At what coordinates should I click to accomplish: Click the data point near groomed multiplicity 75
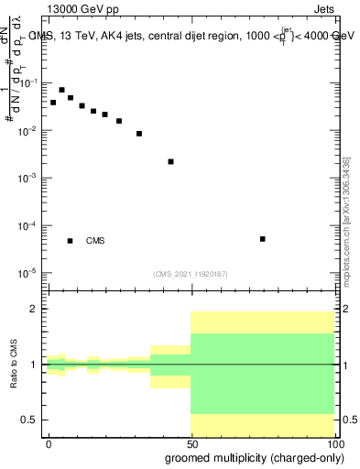[x=263, y=239]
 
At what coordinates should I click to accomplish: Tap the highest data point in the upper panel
[x=61, y=90]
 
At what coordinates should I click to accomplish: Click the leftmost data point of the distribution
[x=53, y=103]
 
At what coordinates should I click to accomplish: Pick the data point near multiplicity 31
[x=139, y=134]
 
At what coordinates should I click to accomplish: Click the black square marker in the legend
[x=71, y=241]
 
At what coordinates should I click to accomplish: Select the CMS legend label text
[x=95, y=241]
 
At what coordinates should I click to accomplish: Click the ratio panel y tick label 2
[x=34, y=309]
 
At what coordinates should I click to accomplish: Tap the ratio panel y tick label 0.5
[x=29, y=420]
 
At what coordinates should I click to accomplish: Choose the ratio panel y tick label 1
[x=34, y=365]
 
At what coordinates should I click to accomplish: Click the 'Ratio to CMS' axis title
[x=13, y=365]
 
